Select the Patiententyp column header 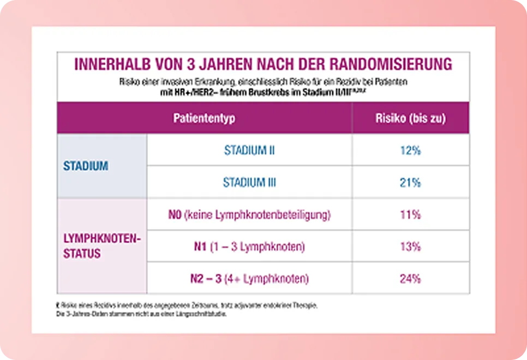pyautogui.click(x=205, y=118)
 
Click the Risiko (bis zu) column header pyautogui.click(x=410, y=118)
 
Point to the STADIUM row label pyautogui.click(x=86, y=166)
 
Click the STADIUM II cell pyautogui.click(x=249, y=150)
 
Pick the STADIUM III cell pyautogui.click(x=249, y=182)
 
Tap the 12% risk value pyautogui.click(x=410, y=151)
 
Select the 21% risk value pyautogui.click(x=410, y=183)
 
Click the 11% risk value pyautogui.click(x=410, y=214)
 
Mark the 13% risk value pyautogui.click(x=410, y=247)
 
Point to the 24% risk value pyautogui.click(x=410, y=279)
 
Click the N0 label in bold pyautogui.click(x=175, y=214)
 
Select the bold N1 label pyautogui.click(x=200, y=247)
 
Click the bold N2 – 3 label pyautogui.click(x=205, y=279)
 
